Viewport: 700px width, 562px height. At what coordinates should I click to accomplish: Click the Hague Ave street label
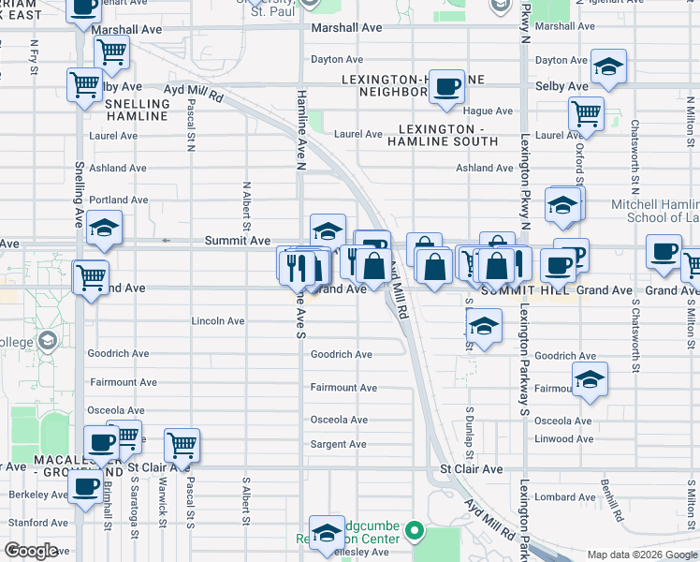click(x=487, y=111)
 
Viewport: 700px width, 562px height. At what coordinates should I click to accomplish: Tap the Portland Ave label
click(x=119, y=200)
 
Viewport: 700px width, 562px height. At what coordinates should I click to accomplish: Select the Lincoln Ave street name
click(x=217, y=320)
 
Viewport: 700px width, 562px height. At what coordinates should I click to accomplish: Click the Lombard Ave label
click(x=566, y=497)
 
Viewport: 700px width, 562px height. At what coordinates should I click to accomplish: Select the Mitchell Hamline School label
click(x=650, y=211)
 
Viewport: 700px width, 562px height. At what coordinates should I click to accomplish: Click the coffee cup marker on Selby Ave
click(x=446, y=85)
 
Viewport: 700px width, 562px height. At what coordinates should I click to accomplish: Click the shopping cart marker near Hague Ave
click(x=586, y=113)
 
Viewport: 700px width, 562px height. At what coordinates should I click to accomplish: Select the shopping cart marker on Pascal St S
click(x=182, y=444)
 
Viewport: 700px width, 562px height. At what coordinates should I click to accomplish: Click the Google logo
click(x=31, y=551)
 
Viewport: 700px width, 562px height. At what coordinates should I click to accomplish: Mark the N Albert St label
click(x=246, y=206)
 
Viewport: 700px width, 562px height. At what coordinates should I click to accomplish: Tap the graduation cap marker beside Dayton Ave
click(x=608, y=67)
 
